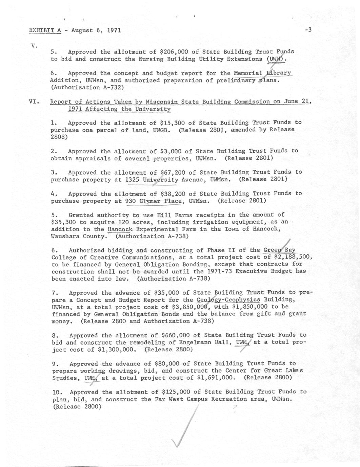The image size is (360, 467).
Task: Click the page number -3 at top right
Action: pos(308,30)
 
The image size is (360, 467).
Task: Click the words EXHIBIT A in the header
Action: pos(45,30)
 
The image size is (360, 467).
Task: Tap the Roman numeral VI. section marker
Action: pos(35,102)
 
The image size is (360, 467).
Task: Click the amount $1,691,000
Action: pos(216,378)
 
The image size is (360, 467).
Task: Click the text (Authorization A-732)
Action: pos(87,87)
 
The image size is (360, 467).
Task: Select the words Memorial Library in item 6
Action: pos(262,73)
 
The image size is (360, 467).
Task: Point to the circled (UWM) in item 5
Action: pos(276,59)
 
